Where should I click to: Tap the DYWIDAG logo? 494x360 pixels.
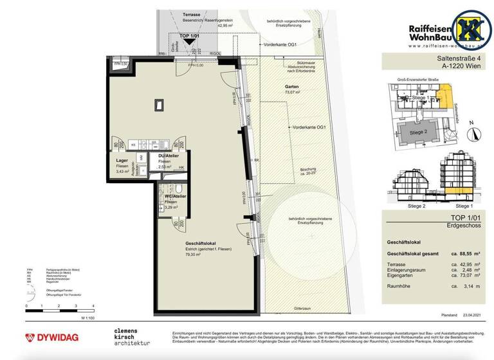click(48, 337)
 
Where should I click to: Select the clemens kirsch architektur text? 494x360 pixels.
click(132, 337)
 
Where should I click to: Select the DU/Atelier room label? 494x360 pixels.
click(163, 156)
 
